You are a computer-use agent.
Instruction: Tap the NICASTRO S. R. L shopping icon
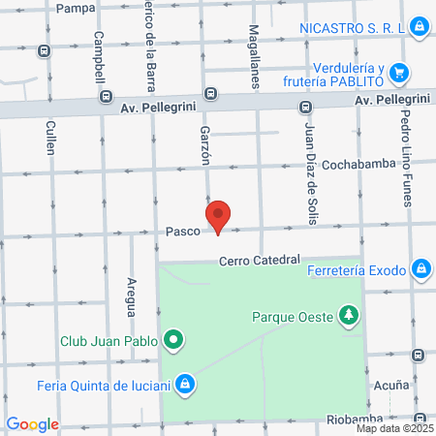coord(418,27)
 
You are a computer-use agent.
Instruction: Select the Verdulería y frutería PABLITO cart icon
coord(399,73)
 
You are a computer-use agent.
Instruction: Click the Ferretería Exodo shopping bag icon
coord(420,267)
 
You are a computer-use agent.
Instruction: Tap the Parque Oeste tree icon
coord(349,316)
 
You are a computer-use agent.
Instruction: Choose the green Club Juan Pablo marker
coord(173,340)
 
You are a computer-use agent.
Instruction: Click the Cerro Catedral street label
coord(260,260)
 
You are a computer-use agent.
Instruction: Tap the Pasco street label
coord(182,232)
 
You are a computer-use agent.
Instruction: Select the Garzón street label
coord(204,144)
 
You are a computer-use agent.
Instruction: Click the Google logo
coord(32,424)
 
